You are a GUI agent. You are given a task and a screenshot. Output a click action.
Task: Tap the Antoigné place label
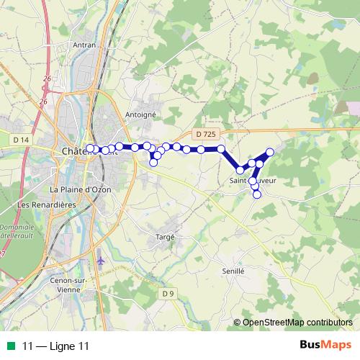[140, 114]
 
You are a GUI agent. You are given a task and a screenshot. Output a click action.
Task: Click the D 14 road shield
[21, 138]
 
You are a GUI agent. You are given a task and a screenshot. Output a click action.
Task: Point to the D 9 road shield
[168, 293]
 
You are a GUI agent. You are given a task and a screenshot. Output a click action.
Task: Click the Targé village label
[166, 236]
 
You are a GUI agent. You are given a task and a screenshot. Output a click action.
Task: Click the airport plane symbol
[100, 257]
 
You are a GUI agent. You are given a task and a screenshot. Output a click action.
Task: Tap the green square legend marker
[10, 346]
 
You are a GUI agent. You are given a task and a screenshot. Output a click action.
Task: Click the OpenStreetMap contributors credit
[297, 323]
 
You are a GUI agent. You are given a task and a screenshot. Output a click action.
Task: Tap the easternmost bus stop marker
[270, 152]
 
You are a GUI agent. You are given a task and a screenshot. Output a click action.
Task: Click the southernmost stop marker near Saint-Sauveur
[257, 194]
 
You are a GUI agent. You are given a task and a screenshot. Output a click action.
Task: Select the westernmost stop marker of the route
[90, 148]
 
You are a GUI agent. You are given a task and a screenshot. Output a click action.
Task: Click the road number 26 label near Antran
[47, 78]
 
